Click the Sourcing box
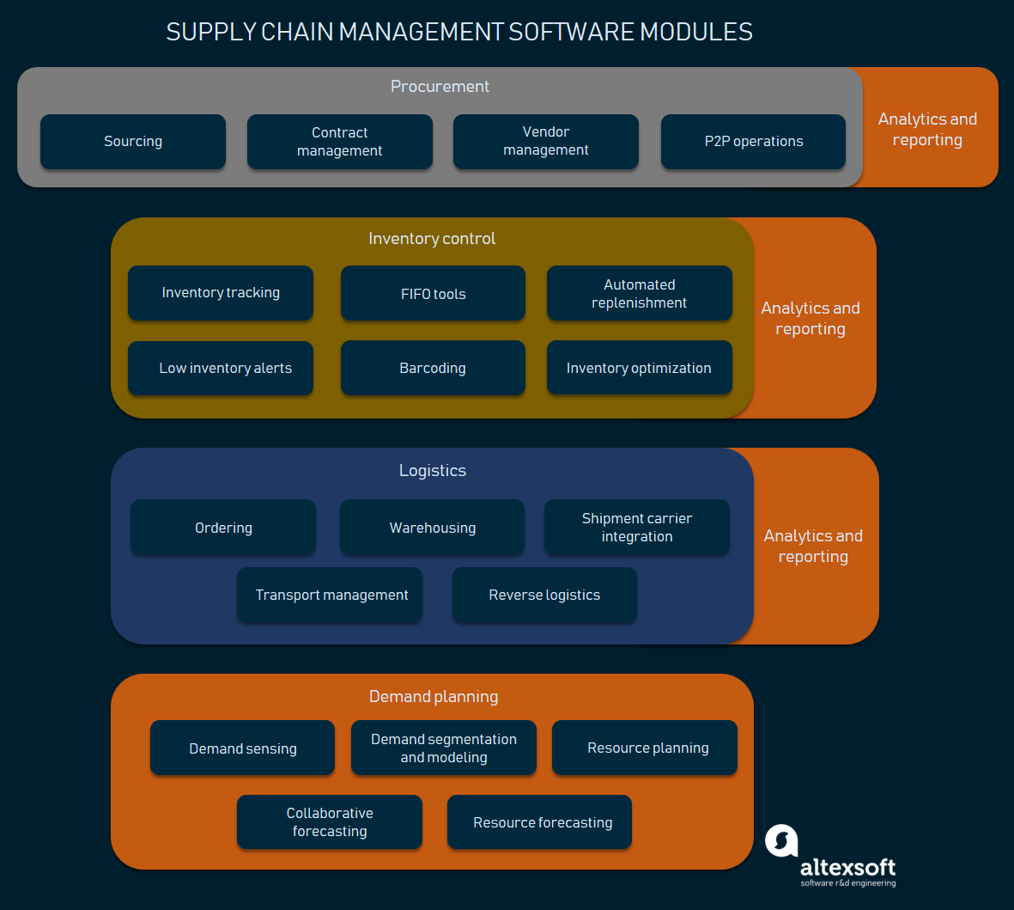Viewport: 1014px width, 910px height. pos(133,142)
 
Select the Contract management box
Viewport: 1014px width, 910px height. pos(340,142)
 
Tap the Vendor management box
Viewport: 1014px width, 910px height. pos(546,142)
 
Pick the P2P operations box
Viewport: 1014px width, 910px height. pos(753,142)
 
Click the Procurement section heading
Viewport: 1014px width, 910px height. pos(440,87)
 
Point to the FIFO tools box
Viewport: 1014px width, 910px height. pos(433,294)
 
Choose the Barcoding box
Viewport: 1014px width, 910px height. pos(433,368)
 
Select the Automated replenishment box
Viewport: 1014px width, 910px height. pos(639,294)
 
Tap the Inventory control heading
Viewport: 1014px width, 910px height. pos(432,239)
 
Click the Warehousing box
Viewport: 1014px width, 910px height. pos(432,528)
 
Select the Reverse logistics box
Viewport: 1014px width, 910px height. pos(544,595)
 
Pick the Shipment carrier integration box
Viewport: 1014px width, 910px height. pos(637,528)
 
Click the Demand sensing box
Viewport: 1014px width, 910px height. pos(242,748)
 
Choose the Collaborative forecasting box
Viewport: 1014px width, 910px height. pos(330,822)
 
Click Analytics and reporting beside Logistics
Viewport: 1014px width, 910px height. pos(813,547)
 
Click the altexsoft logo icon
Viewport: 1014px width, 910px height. pos(781,840)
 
